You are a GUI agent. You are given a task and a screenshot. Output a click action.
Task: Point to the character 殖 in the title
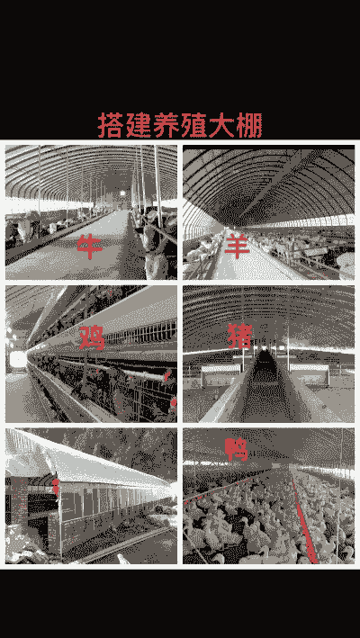coord(194,125)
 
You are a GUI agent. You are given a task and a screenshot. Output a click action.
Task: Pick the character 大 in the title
coord(221,125)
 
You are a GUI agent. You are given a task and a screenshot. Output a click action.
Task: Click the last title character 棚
coord(249,125)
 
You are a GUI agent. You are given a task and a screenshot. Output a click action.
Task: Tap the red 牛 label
coord(90,247)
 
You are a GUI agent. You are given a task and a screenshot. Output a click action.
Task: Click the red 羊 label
coord(237,246)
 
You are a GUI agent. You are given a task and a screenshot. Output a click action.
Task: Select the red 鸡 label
coord(92,337)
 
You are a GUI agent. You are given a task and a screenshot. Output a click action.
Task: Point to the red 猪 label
coord(240,336)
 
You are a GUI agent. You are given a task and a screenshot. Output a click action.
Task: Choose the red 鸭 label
coord(237,450)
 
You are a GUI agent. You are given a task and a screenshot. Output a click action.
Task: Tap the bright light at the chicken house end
coord(18,359)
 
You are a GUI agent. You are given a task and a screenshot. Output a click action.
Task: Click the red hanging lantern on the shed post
coord(55,485)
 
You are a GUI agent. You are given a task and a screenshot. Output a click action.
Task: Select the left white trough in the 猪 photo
coord(221,373)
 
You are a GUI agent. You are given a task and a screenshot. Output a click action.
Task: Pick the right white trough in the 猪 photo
coord(310,373)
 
